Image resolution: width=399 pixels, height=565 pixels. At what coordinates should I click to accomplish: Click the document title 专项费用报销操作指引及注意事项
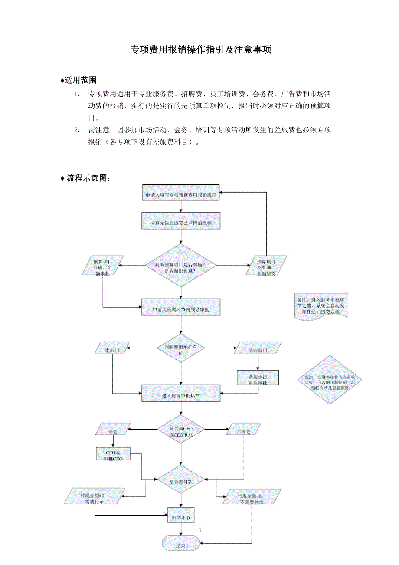tap(201, 50)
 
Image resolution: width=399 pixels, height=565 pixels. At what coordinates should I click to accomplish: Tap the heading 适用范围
tap(80, 80)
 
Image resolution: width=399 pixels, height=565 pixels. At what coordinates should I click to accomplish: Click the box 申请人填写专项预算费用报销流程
tap(181, 195)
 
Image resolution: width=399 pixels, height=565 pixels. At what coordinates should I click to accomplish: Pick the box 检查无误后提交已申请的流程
tap(181, 223)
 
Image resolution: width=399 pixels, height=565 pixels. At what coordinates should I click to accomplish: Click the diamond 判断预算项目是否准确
tap(180, 265)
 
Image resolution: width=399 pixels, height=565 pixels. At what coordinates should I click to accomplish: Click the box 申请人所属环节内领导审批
tap(181, 309)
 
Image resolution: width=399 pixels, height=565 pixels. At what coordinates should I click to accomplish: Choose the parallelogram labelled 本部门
tap(111, 348)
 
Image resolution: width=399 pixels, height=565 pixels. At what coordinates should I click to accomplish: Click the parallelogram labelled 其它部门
tap(258, 348)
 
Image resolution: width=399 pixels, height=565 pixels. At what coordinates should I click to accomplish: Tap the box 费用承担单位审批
tap(258, 378)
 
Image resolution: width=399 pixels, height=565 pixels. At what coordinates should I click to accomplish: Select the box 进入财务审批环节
tap(181, 395)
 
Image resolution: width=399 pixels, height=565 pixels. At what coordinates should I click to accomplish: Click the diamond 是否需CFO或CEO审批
tap(180, 429)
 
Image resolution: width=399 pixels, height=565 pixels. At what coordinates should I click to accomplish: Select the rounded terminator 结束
tap(181, 545)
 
